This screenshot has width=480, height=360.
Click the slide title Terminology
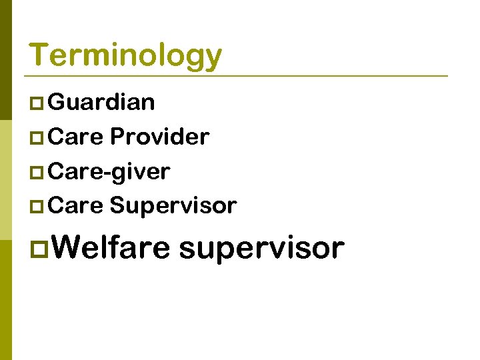(x=125, y=55)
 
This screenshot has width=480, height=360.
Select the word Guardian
(x=102, y=102)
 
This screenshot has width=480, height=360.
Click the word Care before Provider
(x=76, y=137)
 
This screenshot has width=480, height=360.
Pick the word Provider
(x=159, y=137)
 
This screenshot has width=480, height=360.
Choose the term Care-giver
(x=109, y=172)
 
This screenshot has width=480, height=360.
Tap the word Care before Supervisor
(x=76, y=206)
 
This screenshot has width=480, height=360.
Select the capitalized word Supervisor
(x=173, y=206)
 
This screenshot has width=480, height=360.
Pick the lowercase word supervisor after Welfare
(x=261, y=249)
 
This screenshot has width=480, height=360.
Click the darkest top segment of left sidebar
(x=6, y=60)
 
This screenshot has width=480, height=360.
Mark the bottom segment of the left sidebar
(x=6, y=300)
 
